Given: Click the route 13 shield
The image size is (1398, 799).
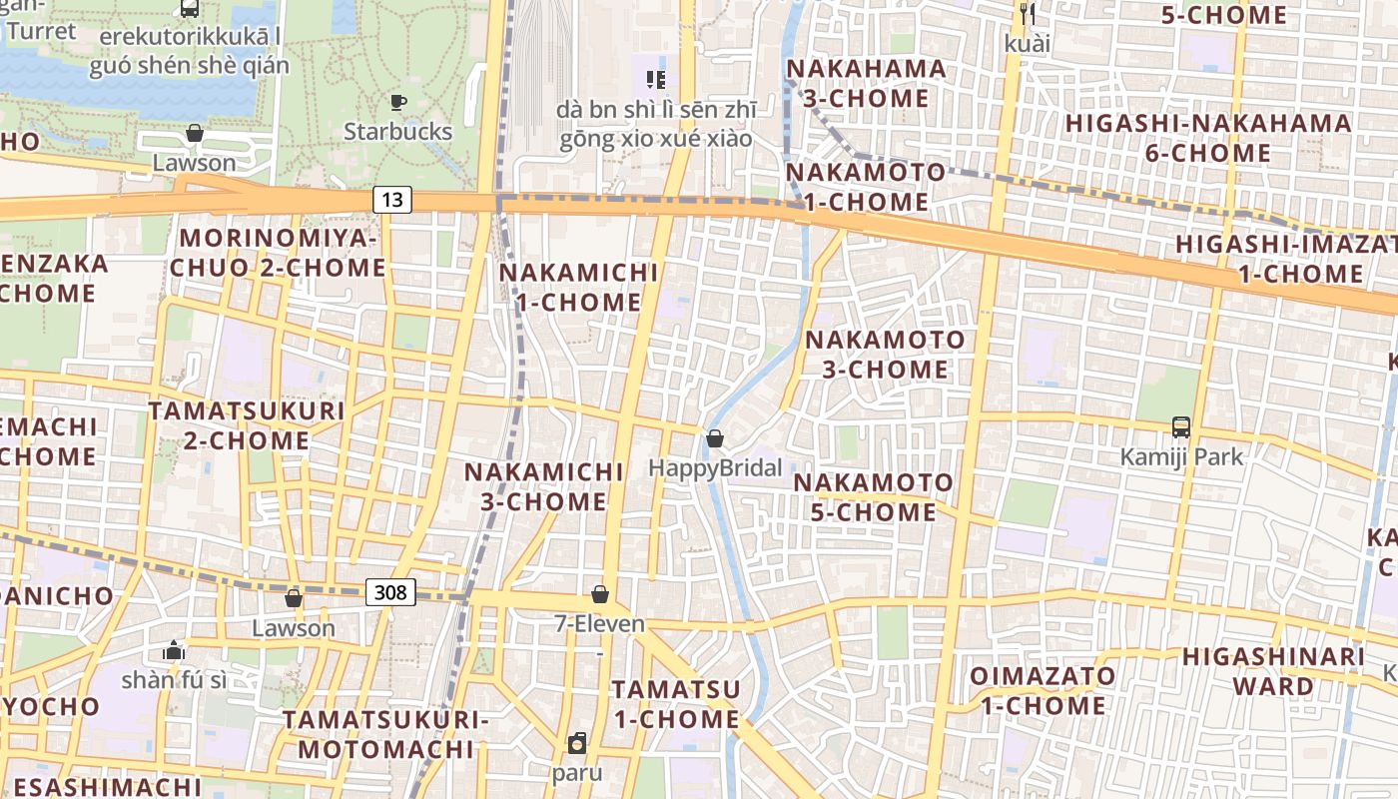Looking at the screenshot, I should pos(392,200).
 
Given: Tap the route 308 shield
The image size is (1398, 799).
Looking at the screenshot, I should pos(389,592).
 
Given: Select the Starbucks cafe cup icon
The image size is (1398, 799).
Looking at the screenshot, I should pos(397,102).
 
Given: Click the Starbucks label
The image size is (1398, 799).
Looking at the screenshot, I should pos(397,132).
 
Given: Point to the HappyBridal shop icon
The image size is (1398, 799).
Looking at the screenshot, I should pos(715,438).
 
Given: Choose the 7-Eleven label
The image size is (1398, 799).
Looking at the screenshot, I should pos(599,624).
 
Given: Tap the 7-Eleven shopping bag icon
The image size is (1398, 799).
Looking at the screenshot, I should pos(600,595).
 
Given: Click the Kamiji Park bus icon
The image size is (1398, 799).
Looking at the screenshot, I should pos(1181,427).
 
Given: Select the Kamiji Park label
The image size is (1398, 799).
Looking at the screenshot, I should pos(1181,457).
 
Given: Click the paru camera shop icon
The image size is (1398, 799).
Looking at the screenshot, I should pos(577,744).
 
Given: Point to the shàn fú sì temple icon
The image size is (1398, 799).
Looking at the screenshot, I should pos(174,651).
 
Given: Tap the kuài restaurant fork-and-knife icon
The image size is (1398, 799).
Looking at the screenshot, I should pos(1029,14).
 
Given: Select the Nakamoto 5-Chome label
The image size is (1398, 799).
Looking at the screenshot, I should pos(873,497).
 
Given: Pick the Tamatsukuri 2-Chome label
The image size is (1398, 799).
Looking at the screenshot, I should pos(247,425).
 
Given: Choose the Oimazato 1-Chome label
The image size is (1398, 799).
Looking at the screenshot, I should pos(1043,690).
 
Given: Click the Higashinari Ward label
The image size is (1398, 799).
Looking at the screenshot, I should pos(1273,671).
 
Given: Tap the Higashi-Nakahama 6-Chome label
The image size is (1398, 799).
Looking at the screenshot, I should pos(1208,138).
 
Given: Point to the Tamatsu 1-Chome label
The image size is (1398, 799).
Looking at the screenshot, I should pos(676,704).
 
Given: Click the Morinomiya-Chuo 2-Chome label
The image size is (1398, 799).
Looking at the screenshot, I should pos(278,253).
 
